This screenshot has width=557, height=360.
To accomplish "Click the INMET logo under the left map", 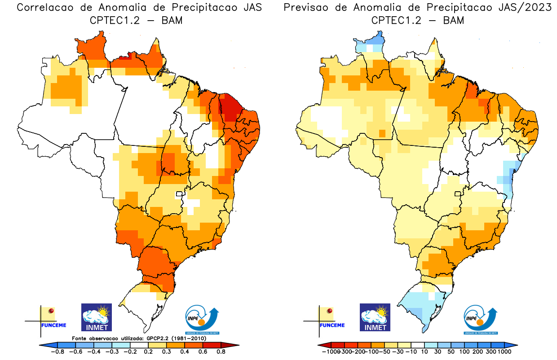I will (x=96, y=317).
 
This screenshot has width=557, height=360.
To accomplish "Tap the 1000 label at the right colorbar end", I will (x=504, y=352).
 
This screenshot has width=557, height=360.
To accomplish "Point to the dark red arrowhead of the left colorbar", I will (x=234, y=345).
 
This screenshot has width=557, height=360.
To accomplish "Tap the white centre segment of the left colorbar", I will (x=139, y=345).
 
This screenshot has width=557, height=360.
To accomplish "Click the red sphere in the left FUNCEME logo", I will (x=52, y=311).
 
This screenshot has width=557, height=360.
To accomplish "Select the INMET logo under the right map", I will (x=375, y=317).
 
